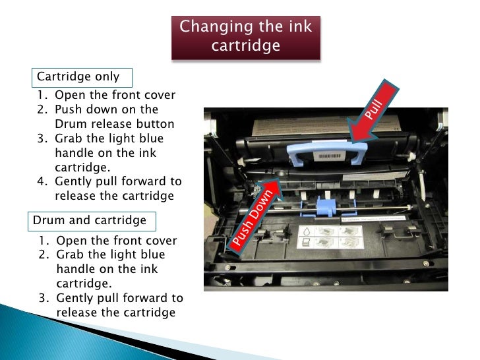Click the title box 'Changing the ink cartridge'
click(x=246, y=36)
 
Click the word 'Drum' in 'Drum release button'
click(x=71, y=124)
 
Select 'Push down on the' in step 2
click(x=106, y=109)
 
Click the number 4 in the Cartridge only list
click(x=41, y=181)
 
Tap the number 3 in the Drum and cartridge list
click(x=43, y=297)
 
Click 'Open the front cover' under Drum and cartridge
click(x=116, y=240)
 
